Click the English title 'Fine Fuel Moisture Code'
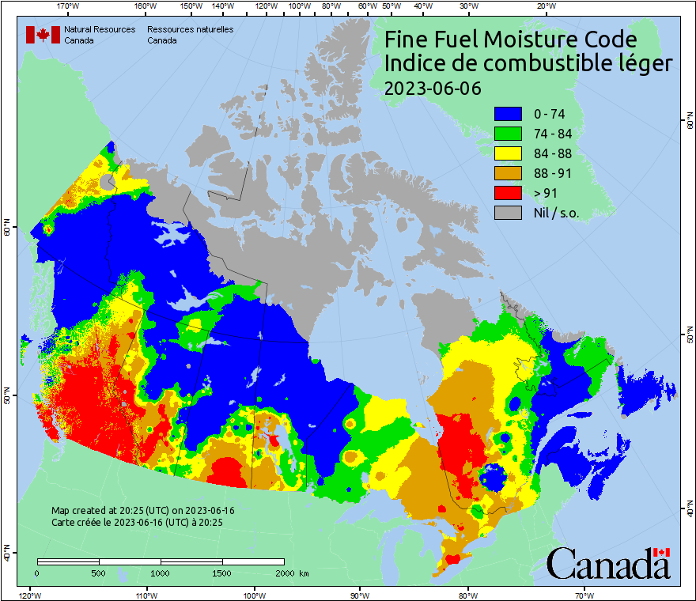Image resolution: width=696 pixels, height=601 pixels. pyautogui.click(x=510, y=40)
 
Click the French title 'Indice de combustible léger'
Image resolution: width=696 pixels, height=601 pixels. pyautogui.click(x=528, y=64)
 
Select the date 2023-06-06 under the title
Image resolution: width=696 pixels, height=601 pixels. pyautogui.click(x=432, y=88)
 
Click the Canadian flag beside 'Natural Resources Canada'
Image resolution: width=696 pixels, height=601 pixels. pyautogui.click(x=43, y=35)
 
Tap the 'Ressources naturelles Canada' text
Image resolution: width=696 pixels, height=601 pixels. pyautogui.click(x=183, y=35)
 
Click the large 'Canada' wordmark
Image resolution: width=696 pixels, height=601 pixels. pyautogui.click(x=608, y=564)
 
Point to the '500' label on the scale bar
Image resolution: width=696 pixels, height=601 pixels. pyautogui.click(x=99, y=573)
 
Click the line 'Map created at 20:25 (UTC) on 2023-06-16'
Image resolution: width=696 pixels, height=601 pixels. pyautogui.click(x=142, y=511)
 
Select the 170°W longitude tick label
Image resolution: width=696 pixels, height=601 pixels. pyautogui.click(x=69, y=6)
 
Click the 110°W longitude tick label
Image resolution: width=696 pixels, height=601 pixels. pyautogui.click(x=146, y=595)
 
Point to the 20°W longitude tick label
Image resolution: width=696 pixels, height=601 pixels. pyautogui.click(x=544, y=6)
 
